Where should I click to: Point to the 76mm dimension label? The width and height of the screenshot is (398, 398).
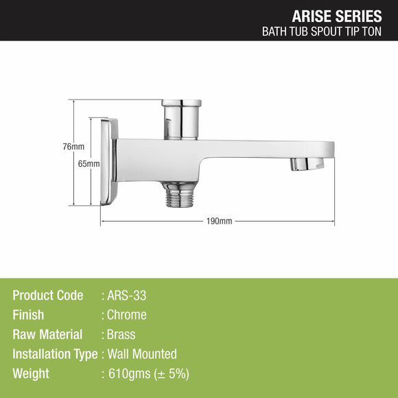tap(73, 147)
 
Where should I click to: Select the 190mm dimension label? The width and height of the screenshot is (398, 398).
tap(219, 222)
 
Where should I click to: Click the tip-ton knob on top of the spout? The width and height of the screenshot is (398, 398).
tap(181, 118)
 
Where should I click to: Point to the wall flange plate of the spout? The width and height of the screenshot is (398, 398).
tap(109, 161)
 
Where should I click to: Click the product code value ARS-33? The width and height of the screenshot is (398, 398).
tap(127, 296)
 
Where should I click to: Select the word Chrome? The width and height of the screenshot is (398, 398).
tap(127, 315)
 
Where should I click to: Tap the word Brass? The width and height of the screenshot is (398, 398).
tap(121, 335)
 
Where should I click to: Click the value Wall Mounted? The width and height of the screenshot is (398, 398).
tap(142, 354)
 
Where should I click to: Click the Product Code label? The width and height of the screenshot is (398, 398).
tap(48, 296)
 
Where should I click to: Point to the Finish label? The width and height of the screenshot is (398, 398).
tap(28, 315)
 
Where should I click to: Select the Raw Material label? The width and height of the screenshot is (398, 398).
tap(47, 335)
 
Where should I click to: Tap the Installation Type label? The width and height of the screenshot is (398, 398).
tap(56, 354)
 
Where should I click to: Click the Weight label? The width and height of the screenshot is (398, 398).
tap(31, 374)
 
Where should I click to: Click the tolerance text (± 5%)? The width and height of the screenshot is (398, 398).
tap(173, 374)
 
